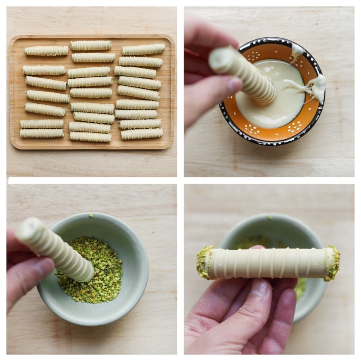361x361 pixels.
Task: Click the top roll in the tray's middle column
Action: (91, 45)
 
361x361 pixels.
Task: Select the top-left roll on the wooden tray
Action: (46, 51)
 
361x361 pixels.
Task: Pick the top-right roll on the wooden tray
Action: (143, 49)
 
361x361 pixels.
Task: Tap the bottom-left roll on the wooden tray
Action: (42, 133)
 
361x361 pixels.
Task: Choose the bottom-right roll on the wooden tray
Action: (142, 134)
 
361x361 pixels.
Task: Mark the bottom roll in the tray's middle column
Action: (90, 137)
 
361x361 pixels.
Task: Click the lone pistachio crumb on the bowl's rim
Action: (91, 215)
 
